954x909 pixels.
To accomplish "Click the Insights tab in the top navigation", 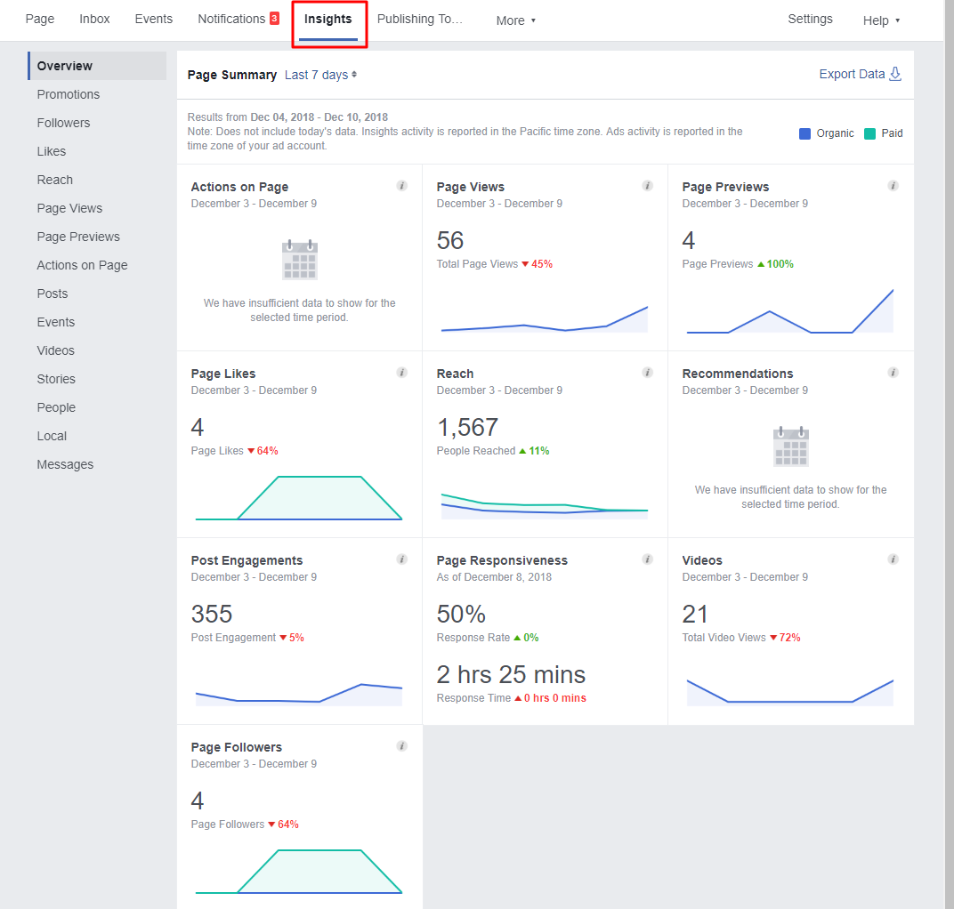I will pos(327,20).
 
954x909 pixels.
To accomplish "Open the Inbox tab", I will pos(94,19).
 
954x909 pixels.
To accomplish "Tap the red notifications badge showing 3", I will pos(274,19).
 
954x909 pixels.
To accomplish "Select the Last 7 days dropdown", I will pos(320,76).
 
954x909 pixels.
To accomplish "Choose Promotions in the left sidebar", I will pos(69,94).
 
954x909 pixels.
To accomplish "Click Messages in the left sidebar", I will pos(65,464).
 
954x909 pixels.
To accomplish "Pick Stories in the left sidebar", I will pos(56,379).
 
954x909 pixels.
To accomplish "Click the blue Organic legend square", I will pos(804,133).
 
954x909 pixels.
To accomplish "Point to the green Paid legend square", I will pos(869,133).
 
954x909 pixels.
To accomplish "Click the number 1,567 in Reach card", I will pos(467,428).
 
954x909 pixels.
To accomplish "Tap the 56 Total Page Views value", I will pos(450,241).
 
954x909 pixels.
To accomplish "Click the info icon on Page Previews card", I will pos(893,186).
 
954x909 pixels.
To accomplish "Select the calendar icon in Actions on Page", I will pos(299,260).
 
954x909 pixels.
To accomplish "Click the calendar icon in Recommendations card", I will pos(790,446).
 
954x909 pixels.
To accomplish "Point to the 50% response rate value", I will pos(461,615).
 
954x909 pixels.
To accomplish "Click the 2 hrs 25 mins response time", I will pos(511,674).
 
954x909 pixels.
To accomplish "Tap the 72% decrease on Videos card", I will pos(789,638).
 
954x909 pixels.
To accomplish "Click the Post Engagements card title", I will pos(247,560).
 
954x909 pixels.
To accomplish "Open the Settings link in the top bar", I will pos(810,19).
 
